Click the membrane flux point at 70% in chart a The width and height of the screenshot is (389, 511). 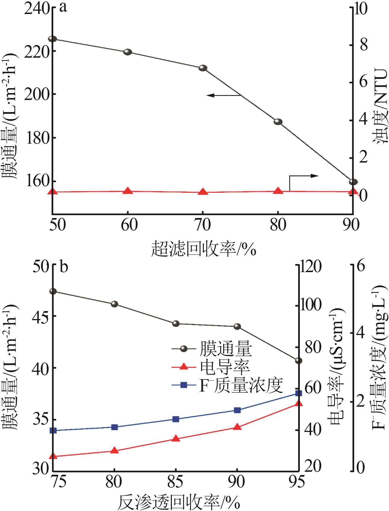click(x=203, y=68)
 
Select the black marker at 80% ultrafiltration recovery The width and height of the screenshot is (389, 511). click(x=278, y=122)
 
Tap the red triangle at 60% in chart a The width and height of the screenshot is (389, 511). click(x=128, y=191)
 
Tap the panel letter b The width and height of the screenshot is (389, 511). click(x=64, y=267)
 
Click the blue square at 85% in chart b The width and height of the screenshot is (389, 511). click(x=176, y=419)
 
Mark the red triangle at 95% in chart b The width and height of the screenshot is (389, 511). click(x=298, y=403)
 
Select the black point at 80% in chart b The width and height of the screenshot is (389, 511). click(x=114, y=304)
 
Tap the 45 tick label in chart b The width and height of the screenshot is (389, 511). click(x=41, y=316)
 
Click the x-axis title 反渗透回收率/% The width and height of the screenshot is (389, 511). click(x=178, y=502)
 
